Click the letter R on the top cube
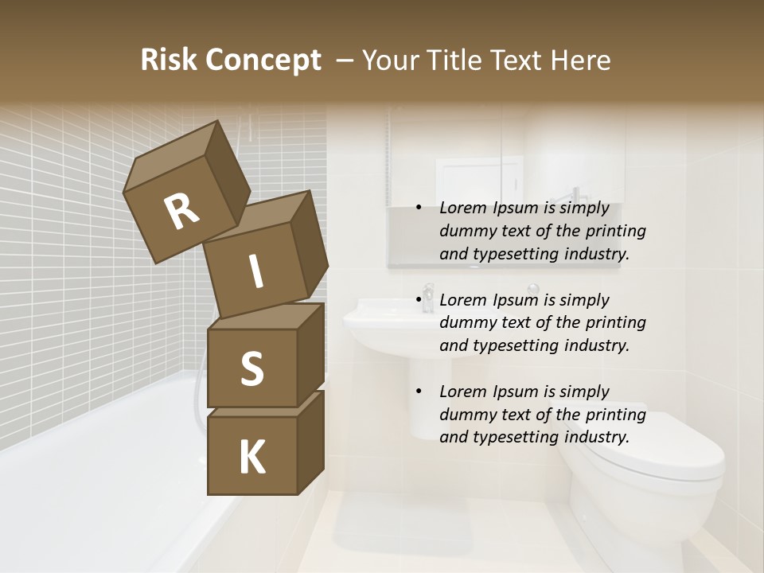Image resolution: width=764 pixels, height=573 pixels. (x=181, y=212)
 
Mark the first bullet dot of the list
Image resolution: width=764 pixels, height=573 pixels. (x=419, y=209)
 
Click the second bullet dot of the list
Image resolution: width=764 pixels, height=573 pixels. (x=419, y=301)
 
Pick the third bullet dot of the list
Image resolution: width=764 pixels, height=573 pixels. (x=419, y=392)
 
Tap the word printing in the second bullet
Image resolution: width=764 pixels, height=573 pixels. (x=616, y=323)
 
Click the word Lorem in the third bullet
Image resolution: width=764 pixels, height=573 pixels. (x=461, y=392)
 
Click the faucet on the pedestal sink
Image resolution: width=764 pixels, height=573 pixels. (x=428, y=297)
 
